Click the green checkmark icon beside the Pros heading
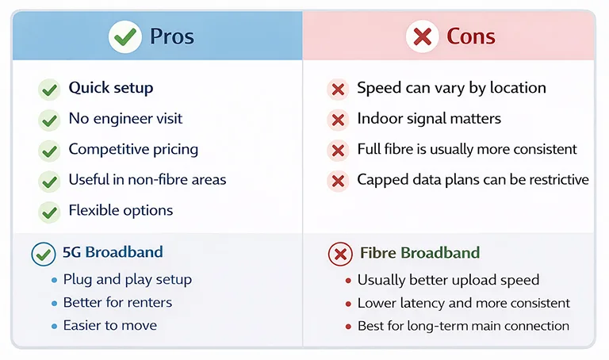coord(124,36)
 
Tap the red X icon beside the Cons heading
coord(422,36)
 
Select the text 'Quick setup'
coord(110,88)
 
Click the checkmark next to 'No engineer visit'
coord(49,120)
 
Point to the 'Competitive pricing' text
coord(133,149)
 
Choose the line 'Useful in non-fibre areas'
coord(147,180)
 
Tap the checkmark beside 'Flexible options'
coord(49,212)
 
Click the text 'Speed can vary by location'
coord(450,88)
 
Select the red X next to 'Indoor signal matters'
coord(338,120)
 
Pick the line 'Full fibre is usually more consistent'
coord(466,149)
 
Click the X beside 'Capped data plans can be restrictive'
coord(338,181)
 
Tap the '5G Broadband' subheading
coord(113,253)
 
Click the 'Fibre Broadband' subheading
coord(419,254)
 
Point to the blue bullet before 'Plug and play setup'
coord(54,280)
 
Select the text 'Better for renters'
coord(117,302)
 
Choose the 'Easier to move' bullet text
coord(109,325)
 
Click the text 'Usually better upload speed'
coord(448,280)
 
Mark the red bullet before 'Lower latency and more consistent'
coord(348,304)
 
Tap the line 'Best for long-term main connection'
coord(463,326)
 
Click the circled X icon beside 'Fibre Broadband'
coord(339,255)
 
